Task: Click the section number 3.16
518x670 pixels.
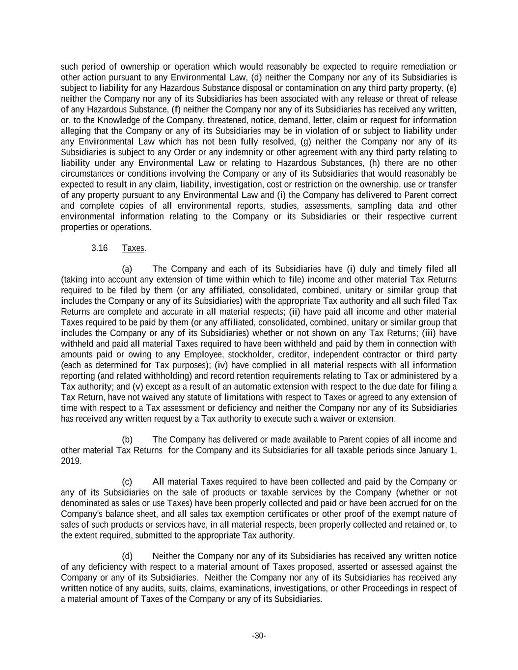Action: (x=99, y=248)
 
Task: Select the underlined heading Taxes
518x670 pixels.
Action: (x=133, y=248)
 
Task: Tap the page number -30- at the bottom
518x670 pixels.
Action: (x=259, y=636)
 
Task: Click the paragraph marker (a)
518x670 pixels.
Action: (x=127, y=268)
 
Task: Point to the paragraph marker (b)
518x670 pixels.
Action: (x=127, y=439)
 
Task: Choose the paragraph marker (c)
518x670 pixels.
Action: (x=127, y=482)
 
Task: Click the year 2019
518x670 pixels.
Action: (x=71, y=461)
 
